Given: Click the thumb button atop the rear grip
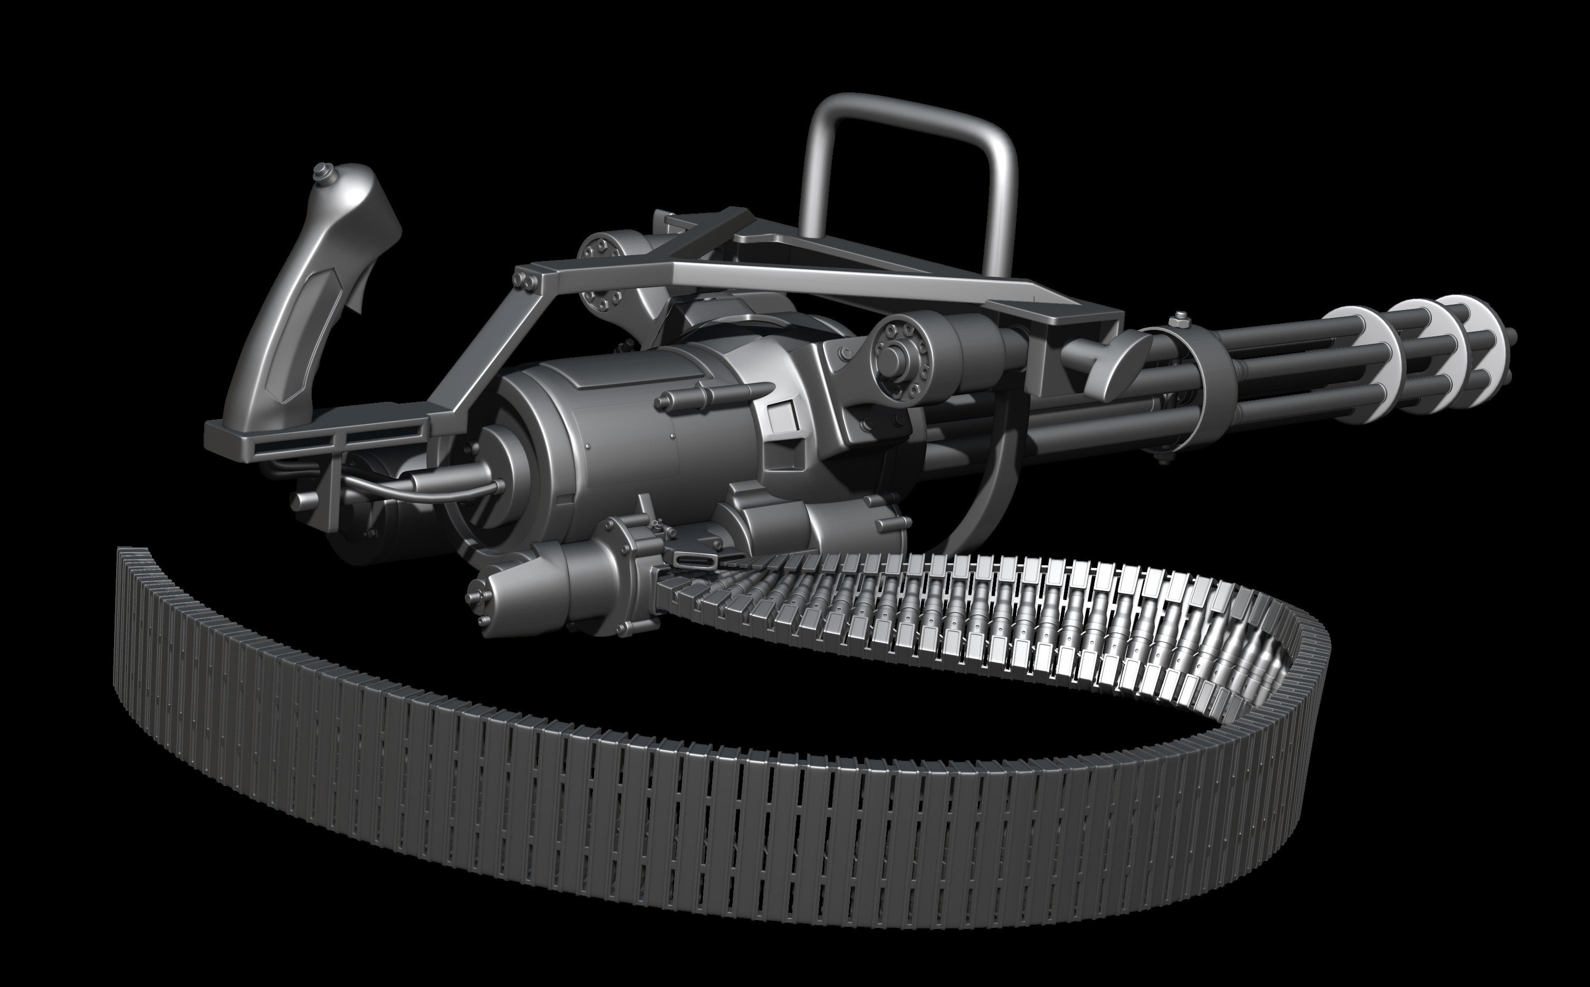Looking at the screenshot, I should click(x=321, y=171).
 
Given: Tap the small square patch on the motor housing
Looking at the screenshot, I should click(x=782, y=418).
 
